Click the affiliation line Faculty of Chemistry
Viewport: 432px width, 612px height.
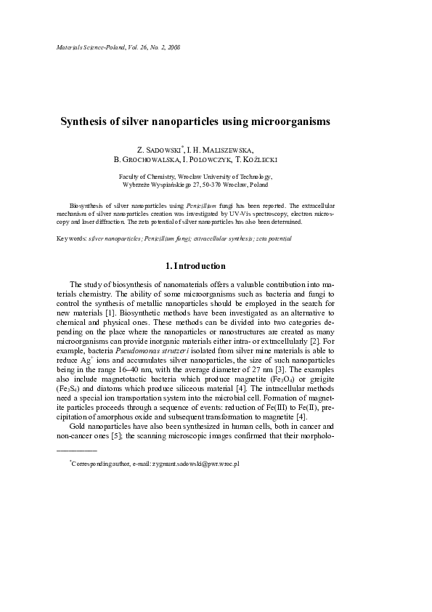click(x=147, y=177)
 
